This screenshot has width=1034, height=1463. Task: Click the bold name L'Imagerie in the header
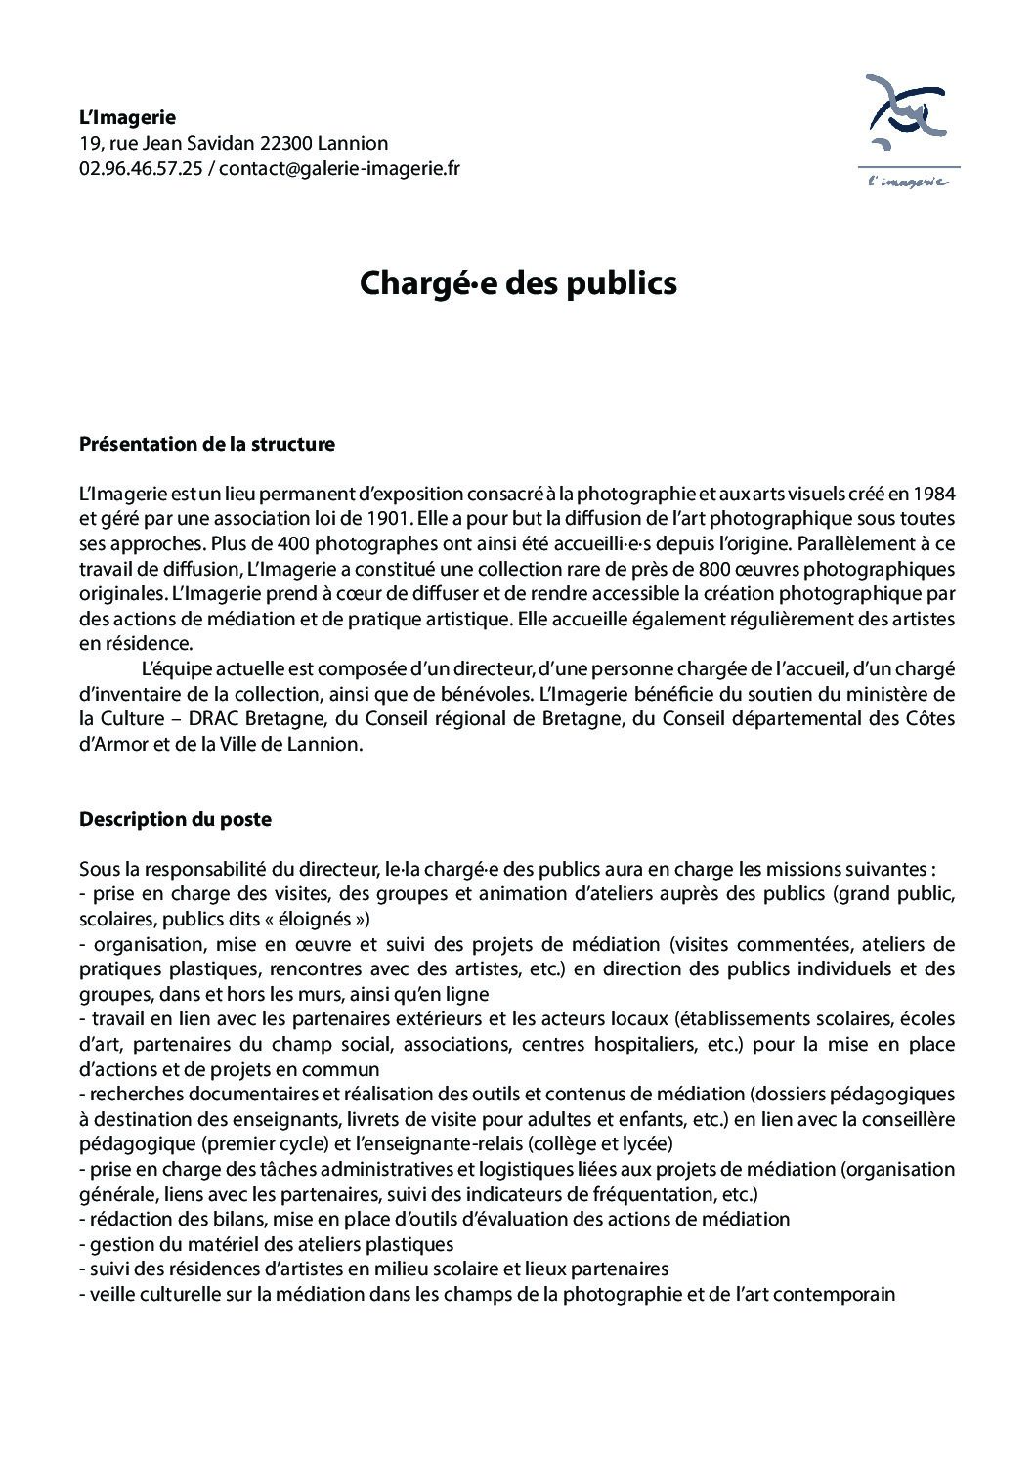(x=127, y=118)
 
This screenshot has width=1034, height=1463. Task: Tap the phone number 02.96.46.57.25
(x=141, y=168)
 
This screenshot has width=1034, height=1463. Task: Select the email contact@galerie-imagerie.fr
(x=339, y=168)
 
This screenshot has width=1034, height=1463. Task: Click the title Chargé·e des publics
(x=517, y=283)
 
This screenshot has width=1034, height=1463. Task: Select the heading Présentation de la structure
(x=206, y=444)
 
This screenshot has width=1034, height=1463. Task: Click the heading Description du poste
(x=175, y=819)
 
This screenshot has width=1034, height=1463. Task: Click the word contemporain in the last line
(x=840, y=1295)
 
